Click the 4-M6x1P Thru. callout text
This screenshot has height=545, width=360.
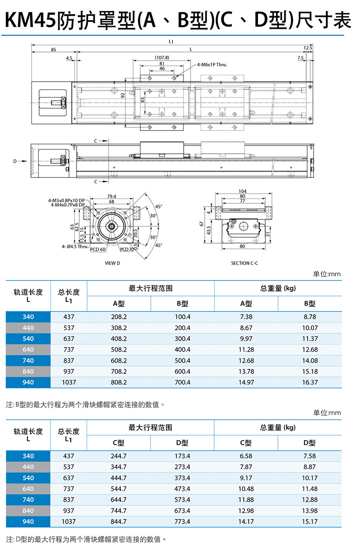212,65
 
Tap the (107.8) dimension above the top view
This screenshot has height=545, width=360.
162,58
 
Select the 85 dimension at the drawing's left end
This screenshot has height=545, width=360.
53,50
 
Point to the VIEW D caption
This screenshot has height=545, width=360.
113,263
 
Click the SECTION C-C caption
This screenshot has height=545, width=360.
244,263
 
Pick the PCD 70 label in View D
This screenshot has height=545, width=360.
127,249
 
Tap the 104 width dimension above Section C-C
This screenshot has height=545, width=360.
242,191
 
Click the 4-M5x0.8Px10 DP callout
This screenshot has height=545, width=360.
67,201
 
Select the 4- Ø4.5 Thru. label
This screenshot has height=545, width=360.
75,246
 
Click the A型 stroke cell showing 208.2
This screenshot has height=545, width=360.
119,317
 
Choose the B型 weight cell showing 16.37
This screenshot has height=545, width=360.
310,382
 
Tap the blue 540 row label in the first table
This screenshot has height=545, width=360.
28,339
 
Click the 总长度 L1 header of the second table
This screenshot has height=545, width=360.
68,435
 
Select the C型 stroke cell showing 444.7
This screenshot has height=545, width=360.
118,478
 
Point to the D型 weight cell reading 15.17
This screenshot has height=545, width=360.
310,522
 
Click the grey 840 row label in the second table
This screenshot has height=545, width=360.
28,511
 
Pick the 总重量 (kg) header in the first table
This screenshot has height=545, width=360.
278,288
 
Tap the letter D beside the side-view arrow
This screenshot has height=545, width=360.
15,161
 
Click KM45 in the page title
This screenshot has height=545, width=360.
30,20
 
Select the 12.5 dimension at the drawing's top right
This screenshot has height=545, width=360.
308,48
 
